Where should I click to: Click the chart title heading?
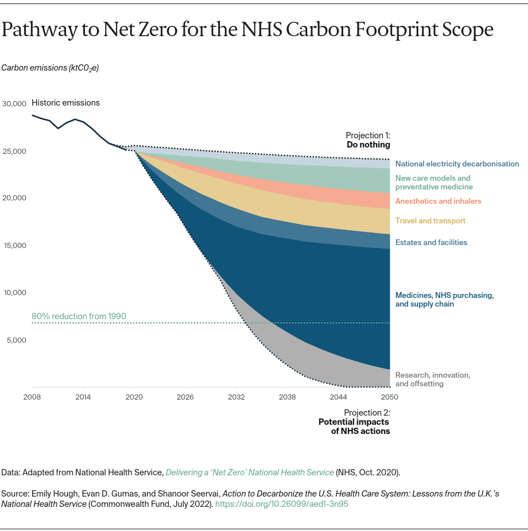click(247, 30)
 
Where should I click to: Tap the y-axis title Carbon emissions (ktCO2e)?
click(50, 68)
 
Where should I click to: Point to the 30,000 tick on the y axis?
click(14, 104)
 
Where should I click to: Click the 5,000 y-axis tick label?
click(17, 340)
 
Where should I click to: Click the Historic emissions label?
click(65, 103)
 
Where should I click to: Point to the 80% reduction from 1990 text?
click(79, 316)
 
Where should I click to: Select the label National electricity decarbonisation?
click(457, 164)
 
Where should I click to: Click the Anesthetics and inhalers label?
click(438, 201)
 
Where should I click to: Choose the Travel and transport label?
click(430, 220)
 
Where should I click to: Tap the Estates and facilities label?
click(431, 242)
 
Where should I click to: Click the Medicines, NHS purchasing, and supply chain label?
click(444, 300)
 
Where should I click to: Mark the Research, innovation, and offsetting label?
click(432, 379)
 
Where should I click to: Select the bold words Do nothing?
click(368, 145)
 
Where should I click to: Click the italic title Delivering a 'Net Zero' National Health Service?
click(250, 472)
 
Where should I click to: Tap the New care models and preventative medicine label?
click(433, 183)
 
